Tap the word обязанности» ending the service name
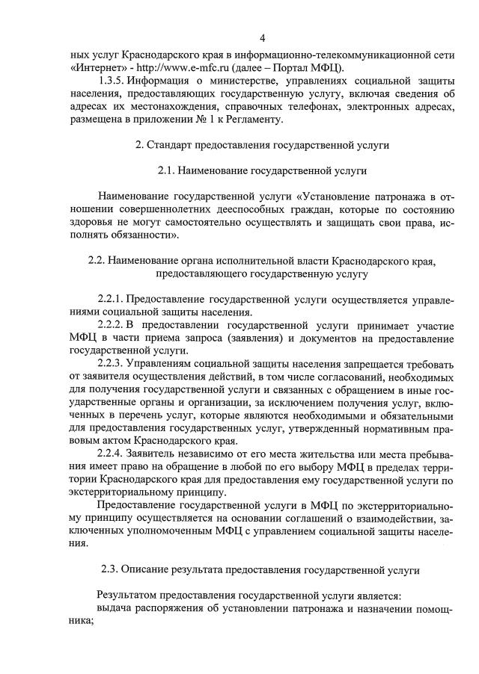pos(144,235)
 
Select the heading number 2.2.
pos(98,262)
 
